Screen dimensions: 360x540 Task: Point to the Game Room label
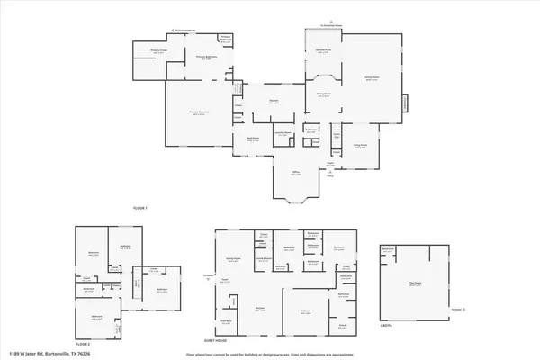click(x=369, y=80)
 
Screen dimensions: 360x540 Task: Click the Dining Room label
click(x=321, y=93)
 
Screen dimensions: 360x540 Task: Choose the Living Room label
click(x=360, y=146)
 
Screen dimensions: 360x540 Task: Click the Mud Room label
click(x=255, y=139)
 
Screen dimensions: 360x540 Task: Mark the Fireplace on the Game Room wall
click(x=406, y=104)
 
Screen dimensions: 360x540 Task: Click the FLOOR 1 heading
click(x=139, y=208)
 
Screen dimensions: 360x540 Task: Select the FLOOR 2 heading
click(x=84, y=344)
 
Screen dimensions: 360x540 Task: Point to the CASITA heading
click(x=386, y=325)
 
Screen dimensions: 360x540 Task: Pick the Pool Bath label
click(x=229, y=320)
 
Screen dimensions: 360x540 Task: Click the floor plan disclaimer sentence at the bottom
click(x=270, y=355)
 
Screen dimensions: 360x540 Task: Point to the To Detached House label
click(x=335, y=27)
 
